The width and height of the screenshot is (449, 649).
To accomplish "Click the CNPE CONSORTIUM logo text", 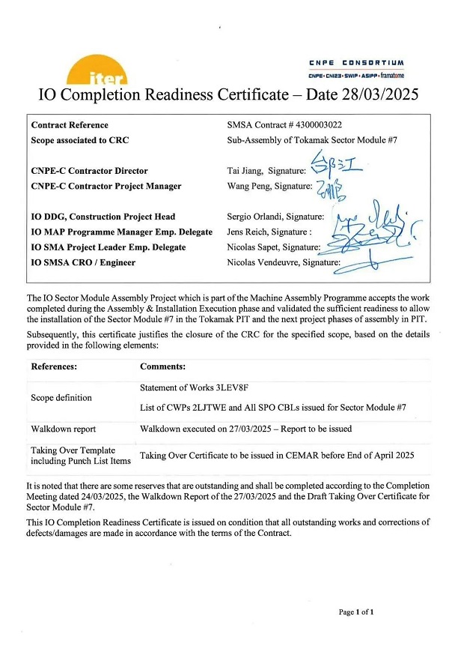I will (x=356, y=63).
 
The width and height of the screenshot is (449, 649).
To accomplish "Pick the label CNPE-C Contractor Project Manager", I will (x=106, y=186).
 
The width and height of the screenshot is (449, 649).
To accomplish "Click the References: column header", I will (x=56, y=367).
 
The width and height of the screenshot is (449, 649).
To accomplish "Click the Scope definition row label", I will (x=61, y=398).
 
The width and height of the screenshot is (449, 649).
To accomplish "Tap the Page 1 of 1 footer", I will (x=356, y=612).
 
